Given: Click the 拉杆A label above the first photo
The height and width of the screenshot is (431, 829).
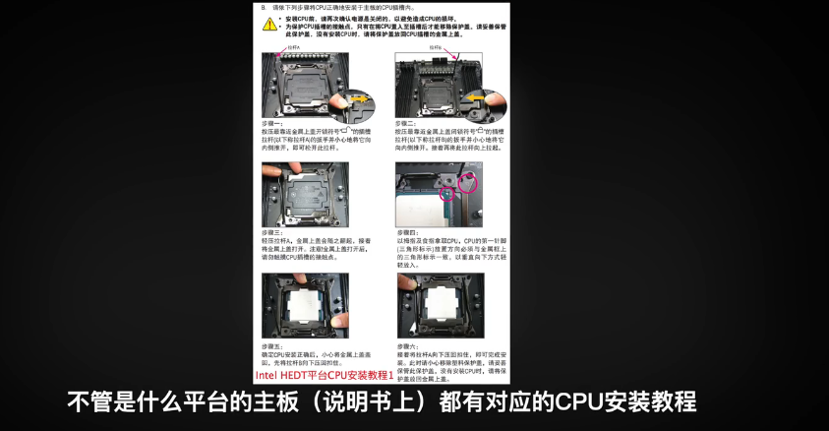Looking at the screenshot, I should point(294,46).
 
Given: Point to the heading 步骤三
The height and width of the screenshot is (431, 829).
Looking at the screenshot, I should point(271,232).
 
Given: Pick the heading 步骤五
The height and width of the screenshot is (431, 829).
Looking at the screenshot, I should point(271,347).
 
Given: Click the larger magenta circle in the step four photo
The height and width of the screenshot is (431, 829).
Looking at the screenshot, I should point(467,181).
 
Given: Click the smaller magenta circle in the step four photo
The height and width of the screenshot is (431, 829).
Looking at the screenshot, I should point(447,195).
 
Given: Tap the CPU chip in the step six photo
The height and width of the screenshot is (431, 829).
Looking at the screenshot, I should point(440,305).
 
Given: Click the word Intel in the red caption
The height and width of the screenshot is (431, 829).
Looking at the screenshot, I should point(266,375).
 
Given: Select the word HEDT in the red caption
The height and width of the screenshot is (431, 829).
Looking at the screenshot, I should point(298,375).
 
